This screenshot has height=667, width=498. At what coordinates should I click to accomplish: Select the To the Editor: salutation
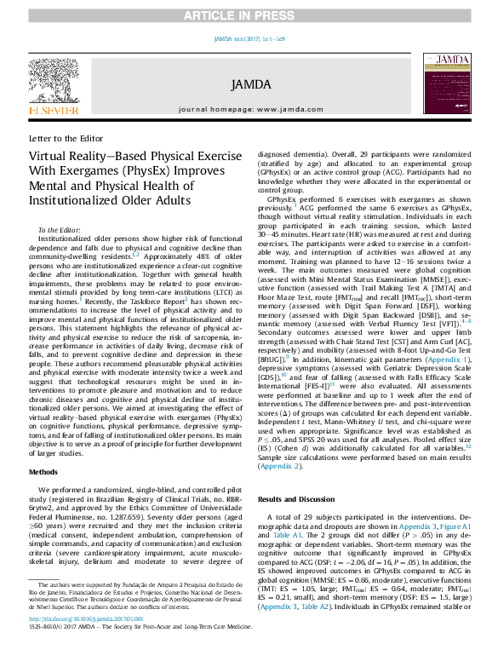[60, 231]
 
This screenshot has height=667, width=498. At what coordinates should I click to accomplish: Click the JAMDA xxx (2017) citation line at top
[249, 39]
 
